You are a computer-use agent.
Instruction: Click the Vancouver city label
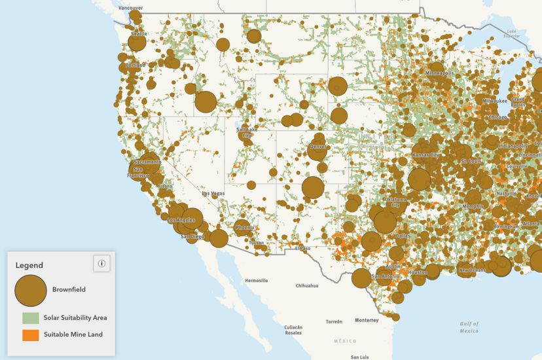click(x=130, y=8)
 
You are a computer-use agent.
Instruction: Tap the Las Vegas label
click(x=213, y=194)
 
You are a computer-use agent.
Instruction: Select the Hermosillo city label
click(x=257, y=280)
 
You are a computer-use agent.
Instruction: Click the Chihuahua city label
click(x=306, y=285)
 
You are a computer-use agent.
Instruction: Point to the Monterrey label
click(x=367, y=320)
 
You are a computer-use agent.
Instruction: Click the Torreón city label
click(x=334, y=321)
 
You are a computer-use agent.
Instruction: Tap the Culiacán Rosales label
click(x=293, y=329)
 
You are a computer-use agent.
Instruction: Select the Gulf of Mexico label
click(x=469, y=327)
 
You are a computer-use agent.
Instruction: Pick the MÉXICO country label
click(x=344, y=341)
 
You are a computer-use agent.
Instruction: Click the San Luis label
click(x=359, y=357)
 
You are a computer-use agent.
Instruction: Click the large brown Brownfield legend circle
click(x=31, y=289)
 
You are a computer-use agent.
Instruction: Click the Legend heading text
click(x=29, y=265)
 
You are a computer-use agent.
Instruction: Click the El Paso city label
click(x=302, y=249)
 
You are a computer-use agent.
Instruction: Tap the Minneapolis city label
click(x=439, y=73)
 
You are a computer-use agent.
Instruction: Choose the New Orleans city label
click(x=473, y=270)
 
